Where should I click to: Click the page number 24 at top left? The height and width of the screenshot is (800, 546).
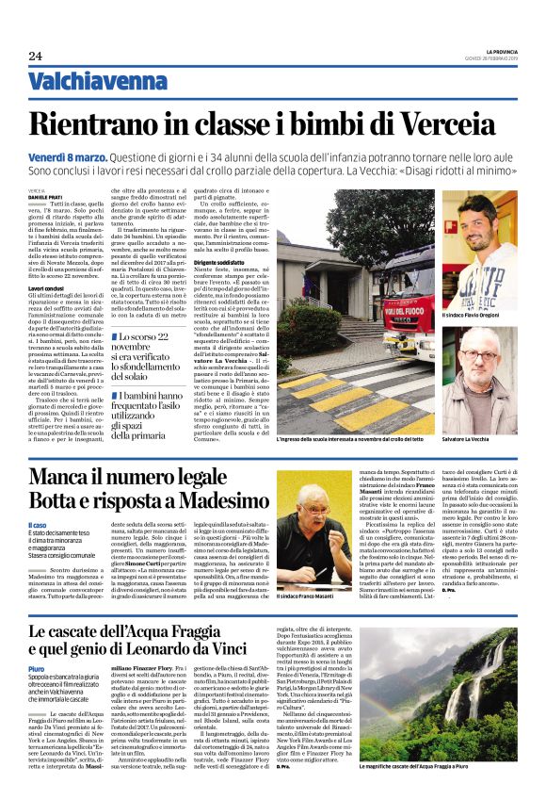point(35,56)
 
